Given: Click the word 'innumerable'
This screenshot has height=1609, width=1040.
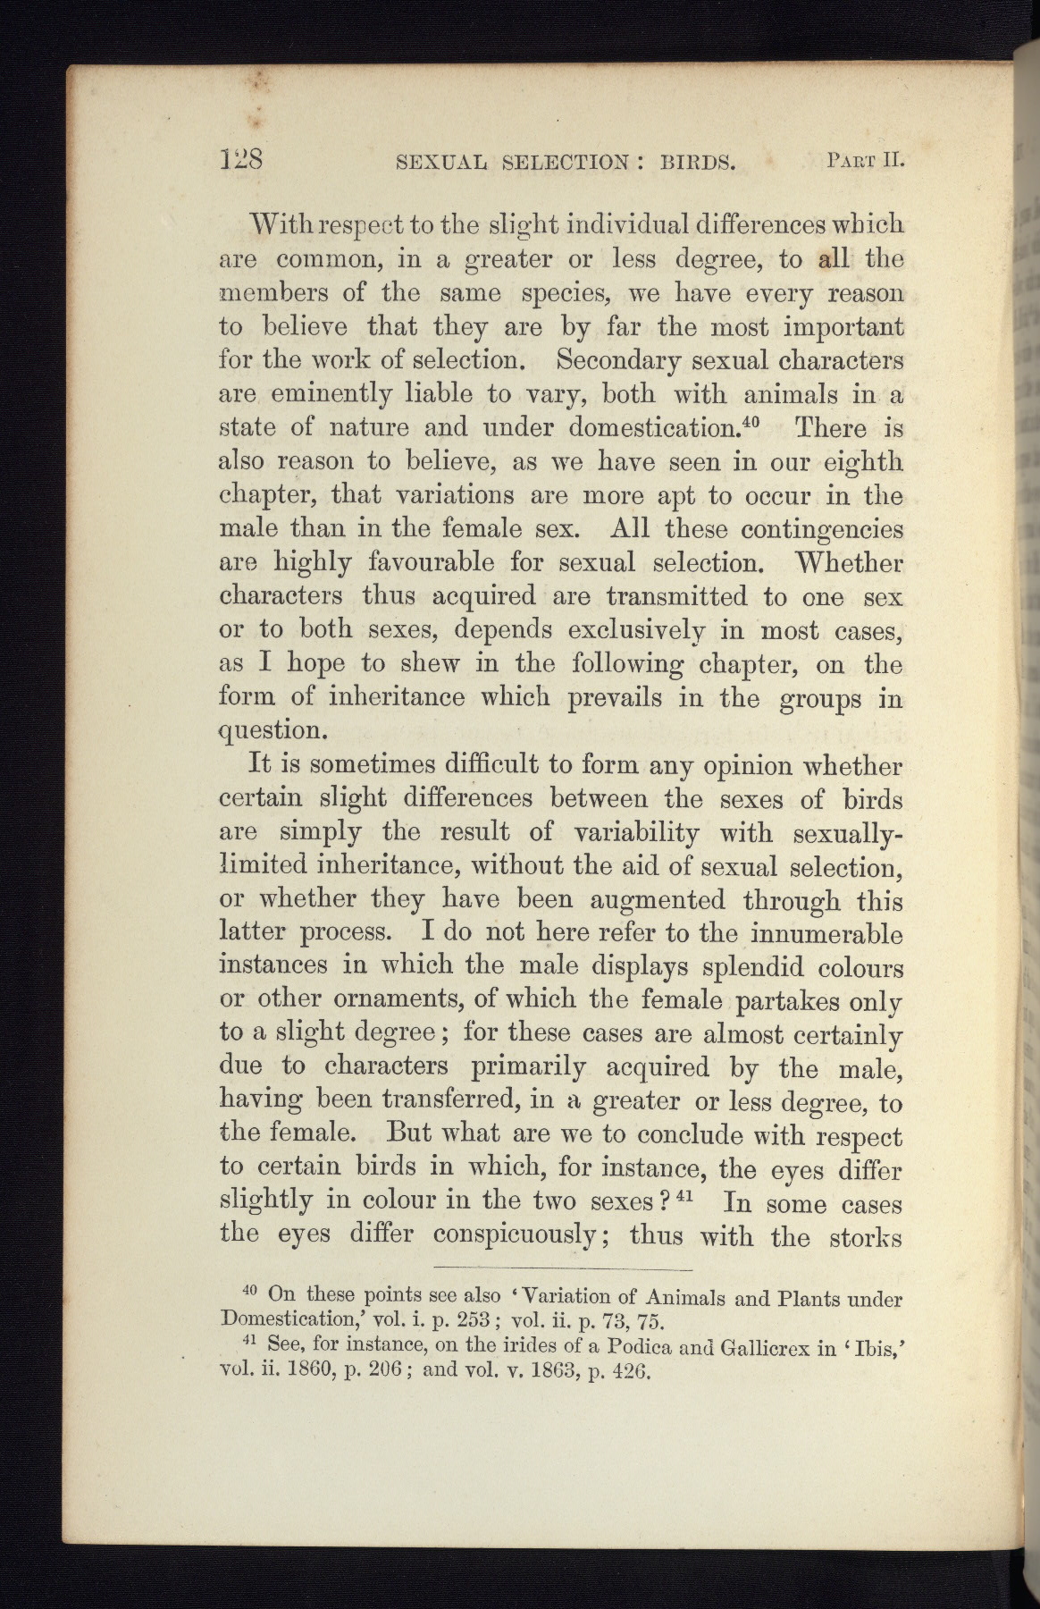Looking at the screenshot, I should [826, 933].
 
